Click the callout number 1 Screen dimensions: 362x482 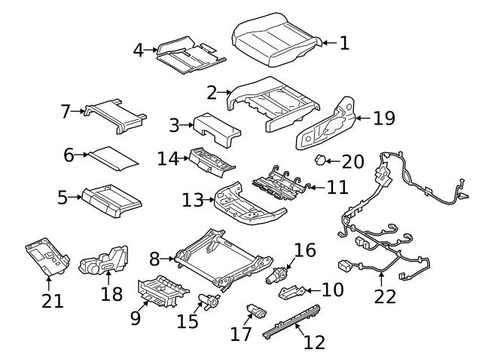click(x=344, y=43)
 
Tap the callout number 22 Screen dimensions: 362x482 click(x=385, y=296)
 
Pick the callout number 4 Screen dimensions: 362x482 click(x=139, y=51)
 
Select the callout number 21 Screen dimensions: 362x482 click(x=53, y=301)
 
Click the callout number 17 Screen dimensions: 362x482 click(x=241, y=334)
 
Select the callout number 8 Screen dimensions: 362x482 click(x=154, y=259)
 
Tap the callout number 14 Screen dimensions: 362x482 click(x=167, y=159)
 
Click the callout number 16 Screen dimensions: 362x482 click(x=305, y=250)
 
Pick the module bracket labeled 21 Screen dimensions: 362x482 click(x=47, y=256)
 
